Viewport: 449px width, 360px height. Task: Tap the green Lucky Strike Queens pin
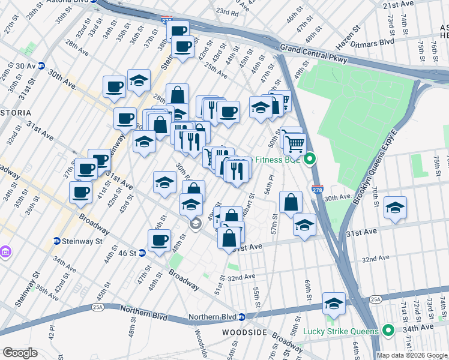point(388,331)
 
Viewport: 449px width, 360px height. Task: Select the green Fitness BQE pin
point(310,160)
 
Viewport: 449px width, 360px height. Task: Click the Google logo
point(20,353)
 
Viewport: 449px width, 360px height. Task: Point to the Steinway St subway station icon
point(57,241)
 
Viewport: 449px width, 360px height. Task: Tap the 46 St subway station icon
point(142,253)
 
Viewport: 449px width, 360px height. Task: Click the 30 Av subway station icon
point(41,66)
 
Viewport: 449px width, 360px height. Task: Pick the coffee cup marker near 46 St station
point(159,241)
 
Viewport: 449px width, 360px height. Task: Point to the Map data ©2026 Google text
point(412,355)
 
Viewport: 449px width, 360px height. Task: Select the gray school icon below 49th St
point(195,224)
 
